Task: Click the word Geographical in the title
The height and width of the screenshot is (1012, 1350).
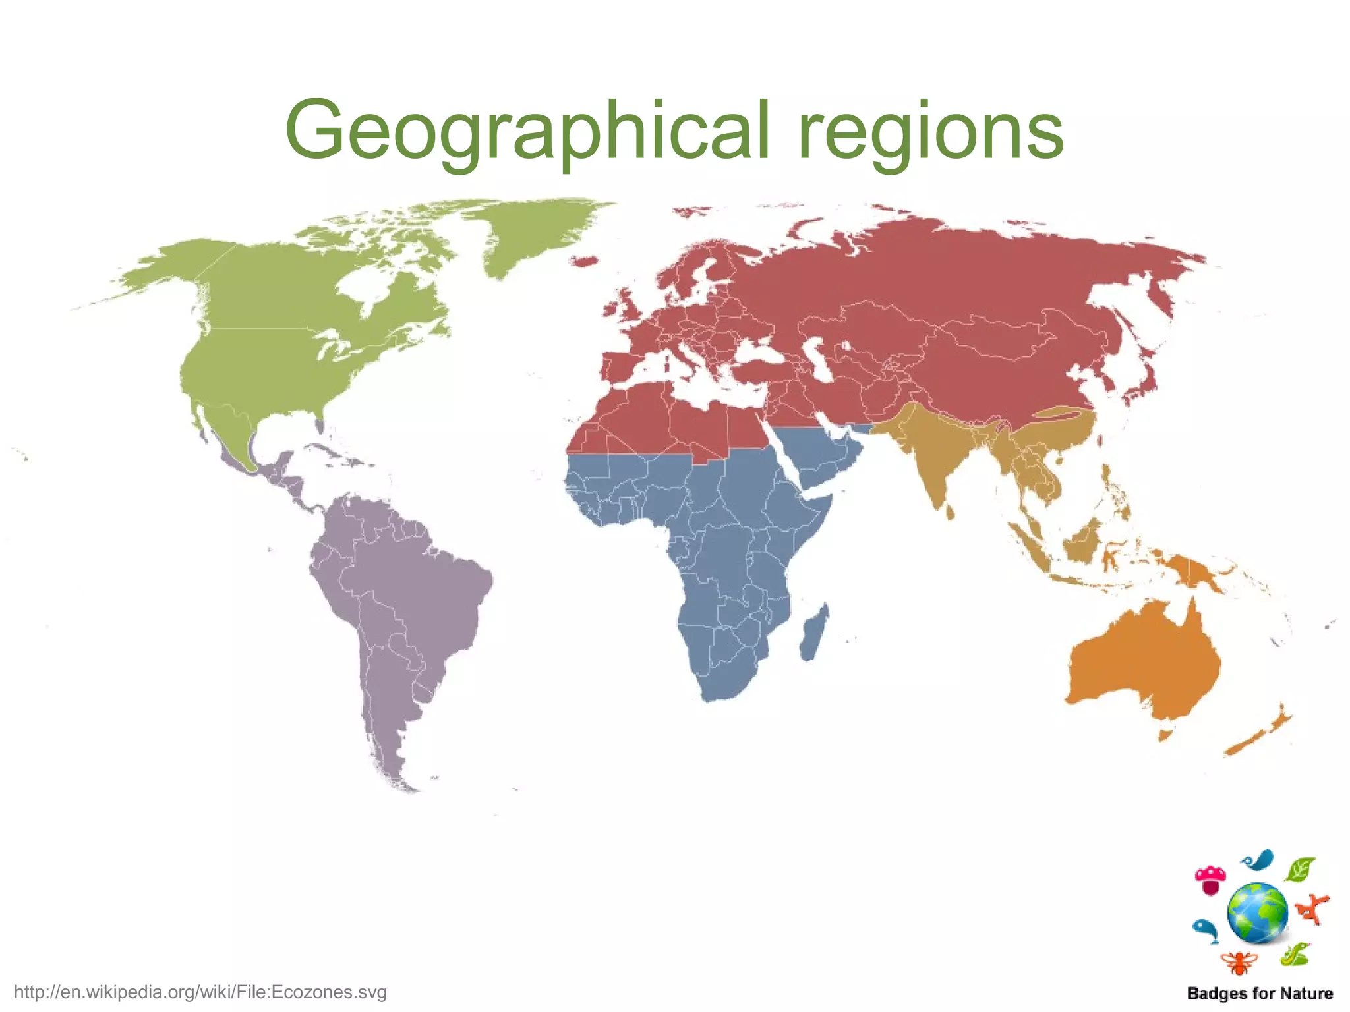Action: (527, 132)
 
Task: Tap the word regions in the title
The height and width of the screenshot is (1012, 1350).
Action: (930, 132)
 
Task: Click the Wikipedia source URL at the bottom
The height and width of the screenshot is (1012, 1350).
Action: (200, 992)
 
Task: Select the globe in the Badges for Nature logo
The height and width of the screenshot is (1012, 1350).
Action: (1258, 913)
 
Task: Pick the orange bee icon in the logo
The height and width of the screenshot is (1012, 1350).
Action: (1239, 963)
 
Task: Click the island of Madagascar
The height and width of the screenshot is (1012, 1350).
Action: (814, 632)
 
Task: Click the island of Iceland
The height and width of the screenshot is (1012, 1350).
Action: (583, 262)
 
